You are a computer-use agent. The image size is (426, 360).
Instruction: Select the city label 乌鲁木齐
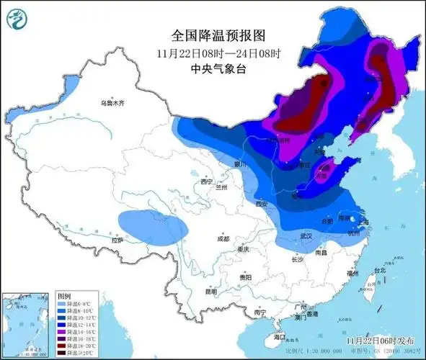(112, 104)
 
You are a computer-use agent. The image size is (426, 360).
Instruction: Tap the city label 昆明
(210, 292)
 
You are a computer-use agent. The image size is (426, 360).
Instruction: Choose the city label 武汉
(306, 236)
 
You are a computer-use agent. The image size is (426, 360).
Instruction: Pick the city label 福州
(352, 274)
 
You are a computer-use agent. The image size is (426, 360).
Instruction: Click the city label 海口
(279, 336)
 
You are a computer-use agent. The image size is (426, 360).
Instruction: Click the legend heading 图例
(63, 296)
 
